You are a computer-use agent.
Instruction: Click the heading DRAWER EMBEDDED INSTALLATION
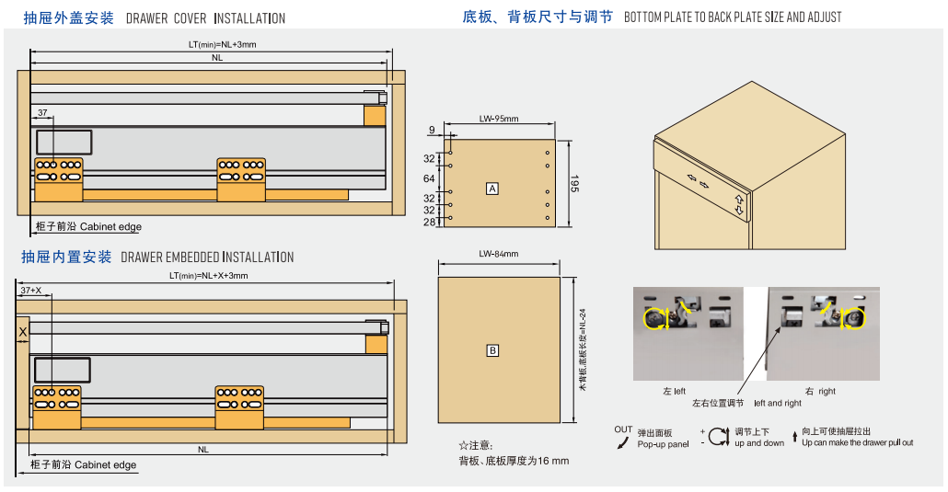pos(207,257)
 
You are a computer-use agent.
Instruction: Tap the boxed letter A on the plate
pos(492,189)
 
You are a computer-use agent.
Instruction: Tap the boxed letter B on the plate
pos(492,350)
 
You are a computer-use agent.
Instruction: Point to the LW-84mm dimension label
pos(498,255)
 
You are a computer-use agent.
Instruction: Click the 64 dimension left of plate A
pos(428,178)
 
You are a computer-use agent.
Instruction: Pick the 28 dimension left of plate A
pos(428,222)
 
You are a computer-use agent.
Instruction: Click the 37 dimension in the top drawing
pos(42,113)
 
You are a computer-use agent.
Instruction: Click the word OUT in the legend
pos(623,429)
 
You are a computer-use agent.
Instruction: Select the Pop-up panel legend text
pos(663,443)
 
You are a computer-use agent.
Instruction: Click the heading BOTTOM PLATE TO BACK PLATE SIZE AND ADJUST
pos(732,17)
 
